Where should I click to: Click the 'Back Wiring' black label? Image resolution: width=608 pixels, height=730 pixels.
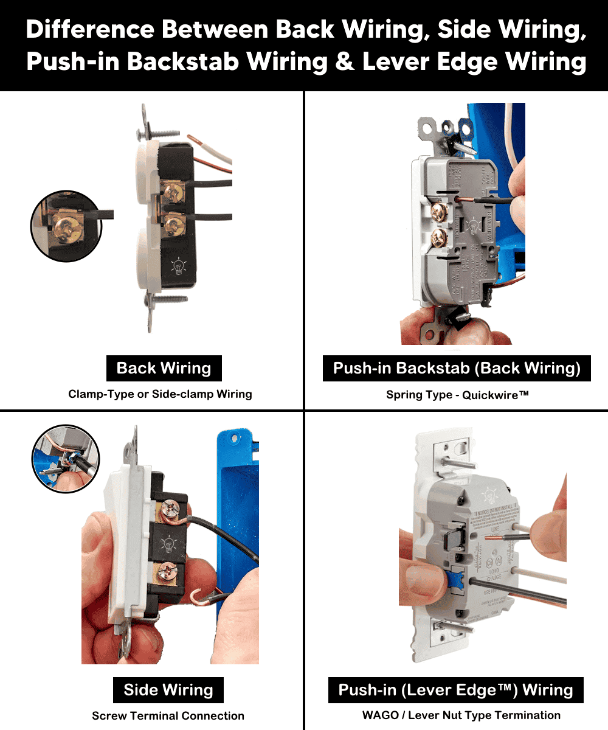tap(164, 369)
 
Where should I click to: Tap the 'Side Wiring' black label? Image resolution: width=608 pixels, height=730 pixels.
tap(168, 690)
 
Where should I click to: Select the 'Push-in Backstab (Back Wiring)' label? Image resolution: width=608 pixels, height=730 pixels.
tap(457, 369)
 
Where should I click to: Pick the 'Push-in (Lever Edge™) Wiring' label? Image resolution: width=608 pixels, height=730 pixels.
tap(455, 690)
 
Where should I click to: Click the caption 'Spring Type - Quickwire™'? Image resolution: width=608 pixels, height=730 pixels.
tap(457, 395)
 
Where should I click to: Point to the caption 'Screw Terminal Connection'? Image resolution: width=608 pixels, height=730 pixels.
tap(168, 716)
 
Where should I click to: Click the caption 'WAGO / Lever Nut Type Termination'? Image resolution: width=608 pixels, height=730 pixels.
tap(461, 715)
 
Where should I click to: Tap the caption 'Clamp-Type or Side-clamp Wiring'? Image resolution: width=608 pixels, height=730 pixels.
tap(160, 394)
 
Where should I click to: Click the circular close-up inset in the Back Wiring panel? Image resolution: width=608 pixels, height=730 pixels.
tap(66, 226)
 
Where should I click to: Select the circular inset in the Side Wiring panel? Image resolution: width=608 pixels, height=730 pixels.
tap(65, 458)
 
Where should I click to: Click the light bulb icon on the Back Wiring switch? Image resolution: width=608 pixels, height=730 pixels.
tap(178, 266)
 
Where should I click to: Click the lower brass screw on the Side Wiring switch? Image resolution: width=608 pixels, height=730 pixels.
tap(166, 572)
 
